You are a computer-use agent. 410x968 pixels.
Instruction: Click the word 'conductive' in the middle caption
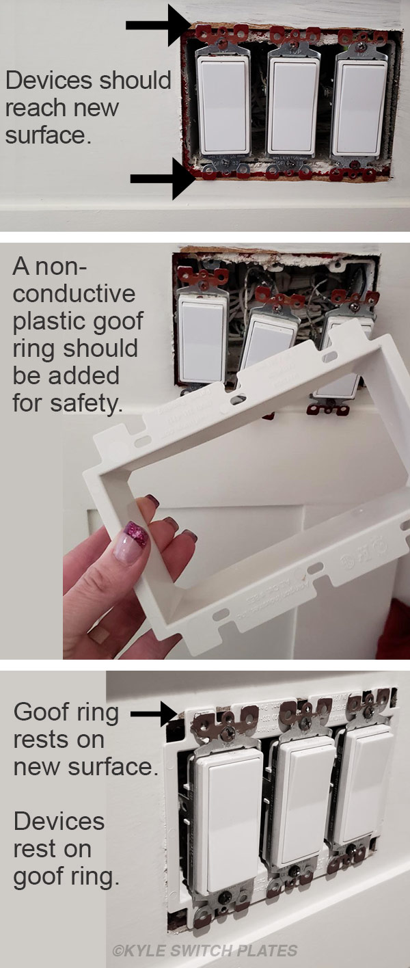click(x=74, y=293)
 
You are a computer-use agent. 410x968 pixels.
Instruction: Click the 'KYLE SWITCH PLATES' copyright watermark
click(x=205, y=950)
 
